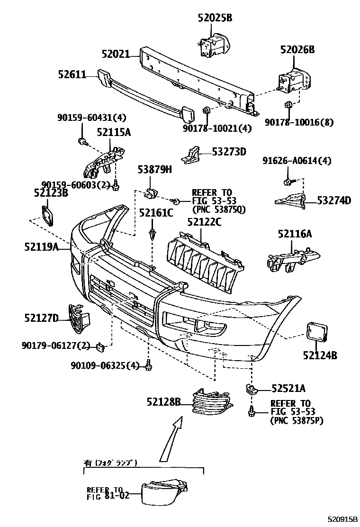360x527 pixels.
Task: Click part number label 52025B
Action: pyautogui.click(x=215, y=18)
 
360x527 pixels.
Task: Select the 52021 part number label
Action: pyautogui.click(x=115, y=54)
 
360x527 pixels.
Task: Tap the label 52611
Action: pyautogui.click(x=72, y=74)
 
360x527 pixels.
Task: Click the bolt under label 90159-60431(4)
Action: pyautogui.click(x=82, y=141)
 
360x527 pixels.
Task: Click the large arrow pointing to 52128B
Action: pyautogui.click(x=171, y=438)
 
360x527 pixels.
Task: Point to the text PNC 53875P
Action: pyautogui.click(x=297, y=420)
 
